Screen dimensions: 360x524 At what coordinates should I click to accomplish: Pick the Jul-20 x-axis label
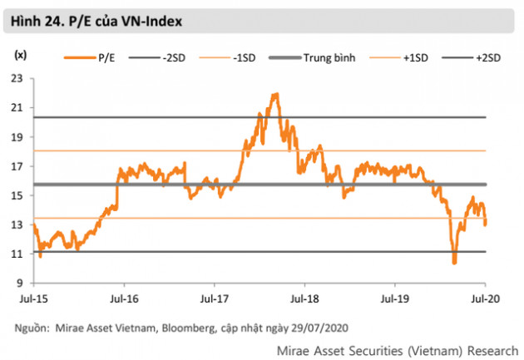(x=486, y=296)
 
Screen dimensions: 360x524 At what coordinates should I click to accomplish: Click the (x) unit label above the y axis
(x=20, y=55)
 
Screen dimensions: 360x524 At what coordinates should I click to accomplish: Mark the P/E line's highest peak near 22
(x=275, y=94)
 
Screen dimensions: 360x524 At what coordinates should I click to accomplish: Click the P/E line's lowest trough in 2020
(x=454, y=263)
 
